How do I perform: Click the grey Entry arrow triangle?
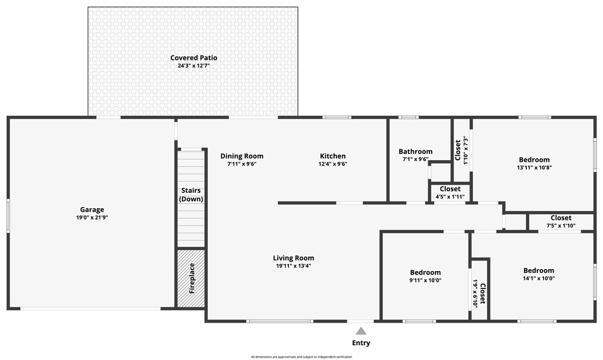[x=361, y=331]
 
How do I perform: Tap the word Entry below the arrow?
[x=361, y=343]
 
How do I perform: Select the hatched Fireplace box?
[x=191, y=278]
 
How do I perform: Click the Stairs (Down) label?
[x=191, y=194]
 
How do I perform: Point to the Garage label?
[x=92, y=210]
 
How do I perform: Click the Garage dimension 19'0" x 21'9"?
[x=92, y=218]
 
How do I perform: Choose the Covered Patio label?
[x=193, y=58]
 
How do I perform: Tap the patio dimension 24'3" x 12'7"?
[x=193, y=66]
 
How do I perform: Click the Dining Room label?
[x=242, y=156]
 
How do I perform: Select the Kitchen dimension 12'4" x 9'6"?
[x=333, y=164]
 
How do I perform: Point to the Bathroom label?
[x=415, y=151]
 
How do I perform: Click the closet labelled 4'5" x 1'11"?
[x=450, y=192]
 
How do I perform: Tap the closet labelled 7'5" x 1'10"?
[x=561, y=222]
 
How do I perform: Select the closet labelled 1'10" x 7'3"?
[x=461, y=150]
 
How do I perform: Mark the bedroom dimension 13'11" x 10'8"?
[x=534, y=168]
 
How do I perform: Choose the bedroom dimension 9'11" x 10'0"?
[x=425, y=280]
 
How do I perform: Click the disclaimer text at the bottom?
[x=301, y=357]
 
